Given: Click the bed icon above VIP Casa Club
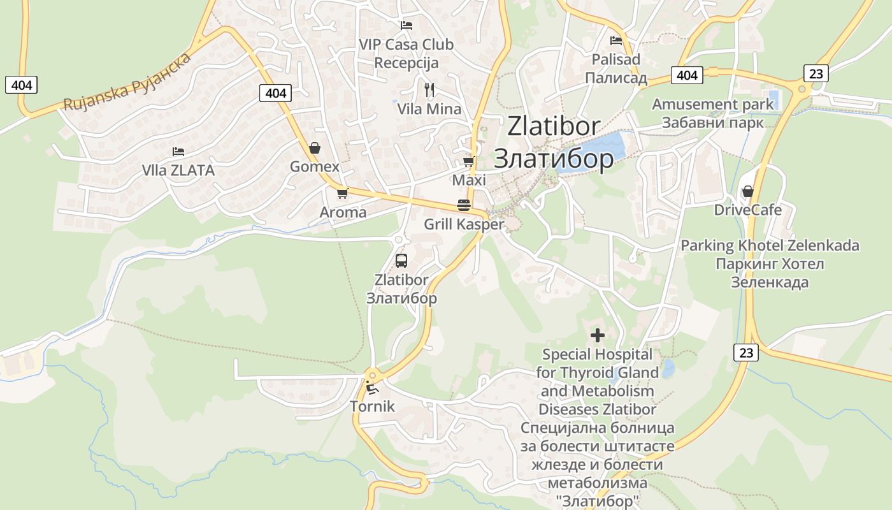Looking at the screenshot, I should [x=406, y=25].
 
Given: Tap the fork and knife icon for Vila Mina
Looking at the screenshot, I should [x=429, y=90].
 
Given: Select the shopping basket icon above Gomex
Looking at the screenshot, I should [x=315, y=149].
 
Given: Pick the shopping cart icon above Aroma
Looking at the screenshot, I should [x=342, y=193].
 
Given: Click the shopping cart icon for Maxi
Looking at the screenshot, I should [x=469, y=162].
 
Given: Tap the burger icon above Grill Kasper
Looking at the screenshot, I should [x=464, y=205].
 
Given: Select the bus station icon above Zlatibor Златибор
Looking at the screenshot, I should [x=401, y=260].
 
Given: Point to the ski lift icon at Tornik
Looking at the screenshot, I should [x=372, y=387].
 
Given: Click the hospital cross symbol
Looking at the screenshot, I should [x=598, y=335].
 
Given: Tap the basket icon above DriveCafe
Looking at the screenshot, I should [x=747, y=191].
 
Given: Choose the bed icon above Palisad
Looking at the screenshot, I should [x=616, y=41].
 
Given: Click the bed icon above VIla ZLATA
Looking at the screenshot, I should [x=178, y=152].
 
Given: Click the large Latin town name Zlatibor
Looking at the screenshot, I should [x=554, y=126].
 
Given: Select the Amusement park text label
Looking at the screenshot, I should [x=713, y=104].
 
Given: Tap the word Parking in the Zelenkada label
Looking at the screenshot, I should [x=707, y=245].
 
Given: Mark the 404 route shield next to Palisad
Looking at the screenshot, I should [x=687, y=75].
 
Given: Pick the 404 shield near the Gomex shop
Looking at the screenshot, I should [x=275, y=93].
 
